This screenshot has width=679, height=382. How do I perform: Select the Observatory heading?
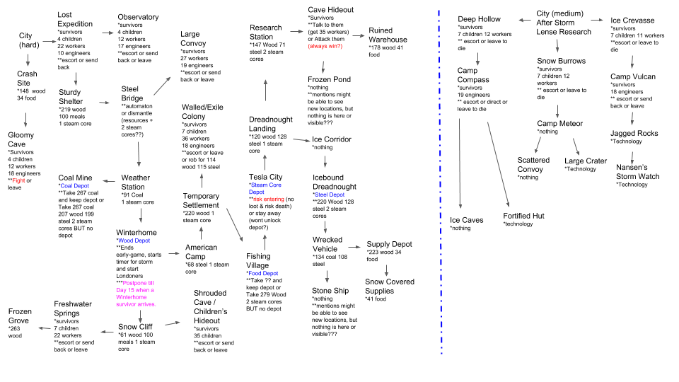click(138, 17)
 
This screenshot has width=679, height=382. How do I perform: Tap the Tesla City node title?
click(266, 177)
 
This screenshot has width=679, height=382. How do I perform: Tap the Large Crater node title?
click(585, 161)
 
